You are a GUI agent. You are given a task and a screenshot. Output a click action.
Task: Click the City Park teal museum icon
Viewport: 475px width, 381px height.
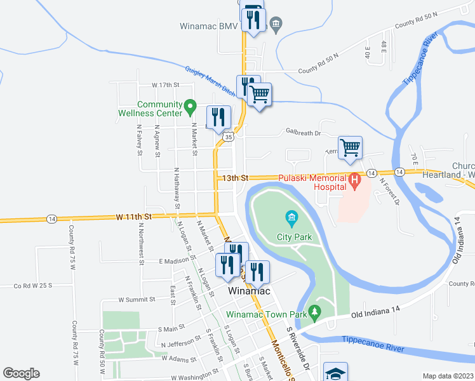click(x=291, y=220)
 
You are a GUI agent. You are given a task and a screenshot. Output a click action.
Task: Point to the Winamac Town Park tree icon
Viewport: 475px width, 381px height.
click(x=314, y=312)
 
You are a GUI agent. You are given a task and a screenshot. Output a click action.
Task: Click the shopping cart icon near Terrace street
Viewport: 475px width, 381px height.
click(x=350, y=148)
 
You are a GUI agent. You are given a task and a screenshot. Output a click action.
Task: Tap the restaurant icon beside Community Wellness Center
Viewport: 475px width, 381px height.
click(x=218, y=116)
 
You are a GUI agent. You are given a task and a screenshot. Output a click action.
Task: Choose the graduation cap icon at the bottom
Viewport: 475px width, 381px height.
click(x=335, y=373)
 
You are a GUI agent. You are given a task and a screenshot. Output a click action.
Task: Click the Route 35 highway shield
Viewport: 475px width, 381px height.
click(x=228, y=136)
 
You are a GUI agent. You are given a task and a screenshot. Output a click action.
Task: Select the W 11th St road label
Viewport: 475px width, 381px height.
click(x=133, y=217)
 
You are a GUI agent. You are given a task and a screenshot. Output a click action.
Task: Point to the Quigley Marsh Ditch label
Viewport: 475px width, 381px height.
click(x=210, y=81)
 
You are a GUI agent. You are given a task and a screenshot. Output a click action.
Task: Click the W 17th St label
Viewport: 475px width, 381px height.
click(x=166, y=84)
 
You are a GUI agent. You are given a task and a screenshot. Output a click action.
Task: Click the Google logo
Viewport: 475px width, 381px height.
click(x=21, y=373)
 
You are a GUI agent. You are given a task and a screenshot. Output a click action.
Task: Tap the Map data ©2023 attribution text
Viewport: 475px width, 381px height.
click(x=447, y=376)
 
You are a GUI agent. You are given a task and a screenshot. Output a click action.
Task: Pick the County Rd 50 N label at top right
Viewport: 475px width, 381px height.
click(x=415, y=23)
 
